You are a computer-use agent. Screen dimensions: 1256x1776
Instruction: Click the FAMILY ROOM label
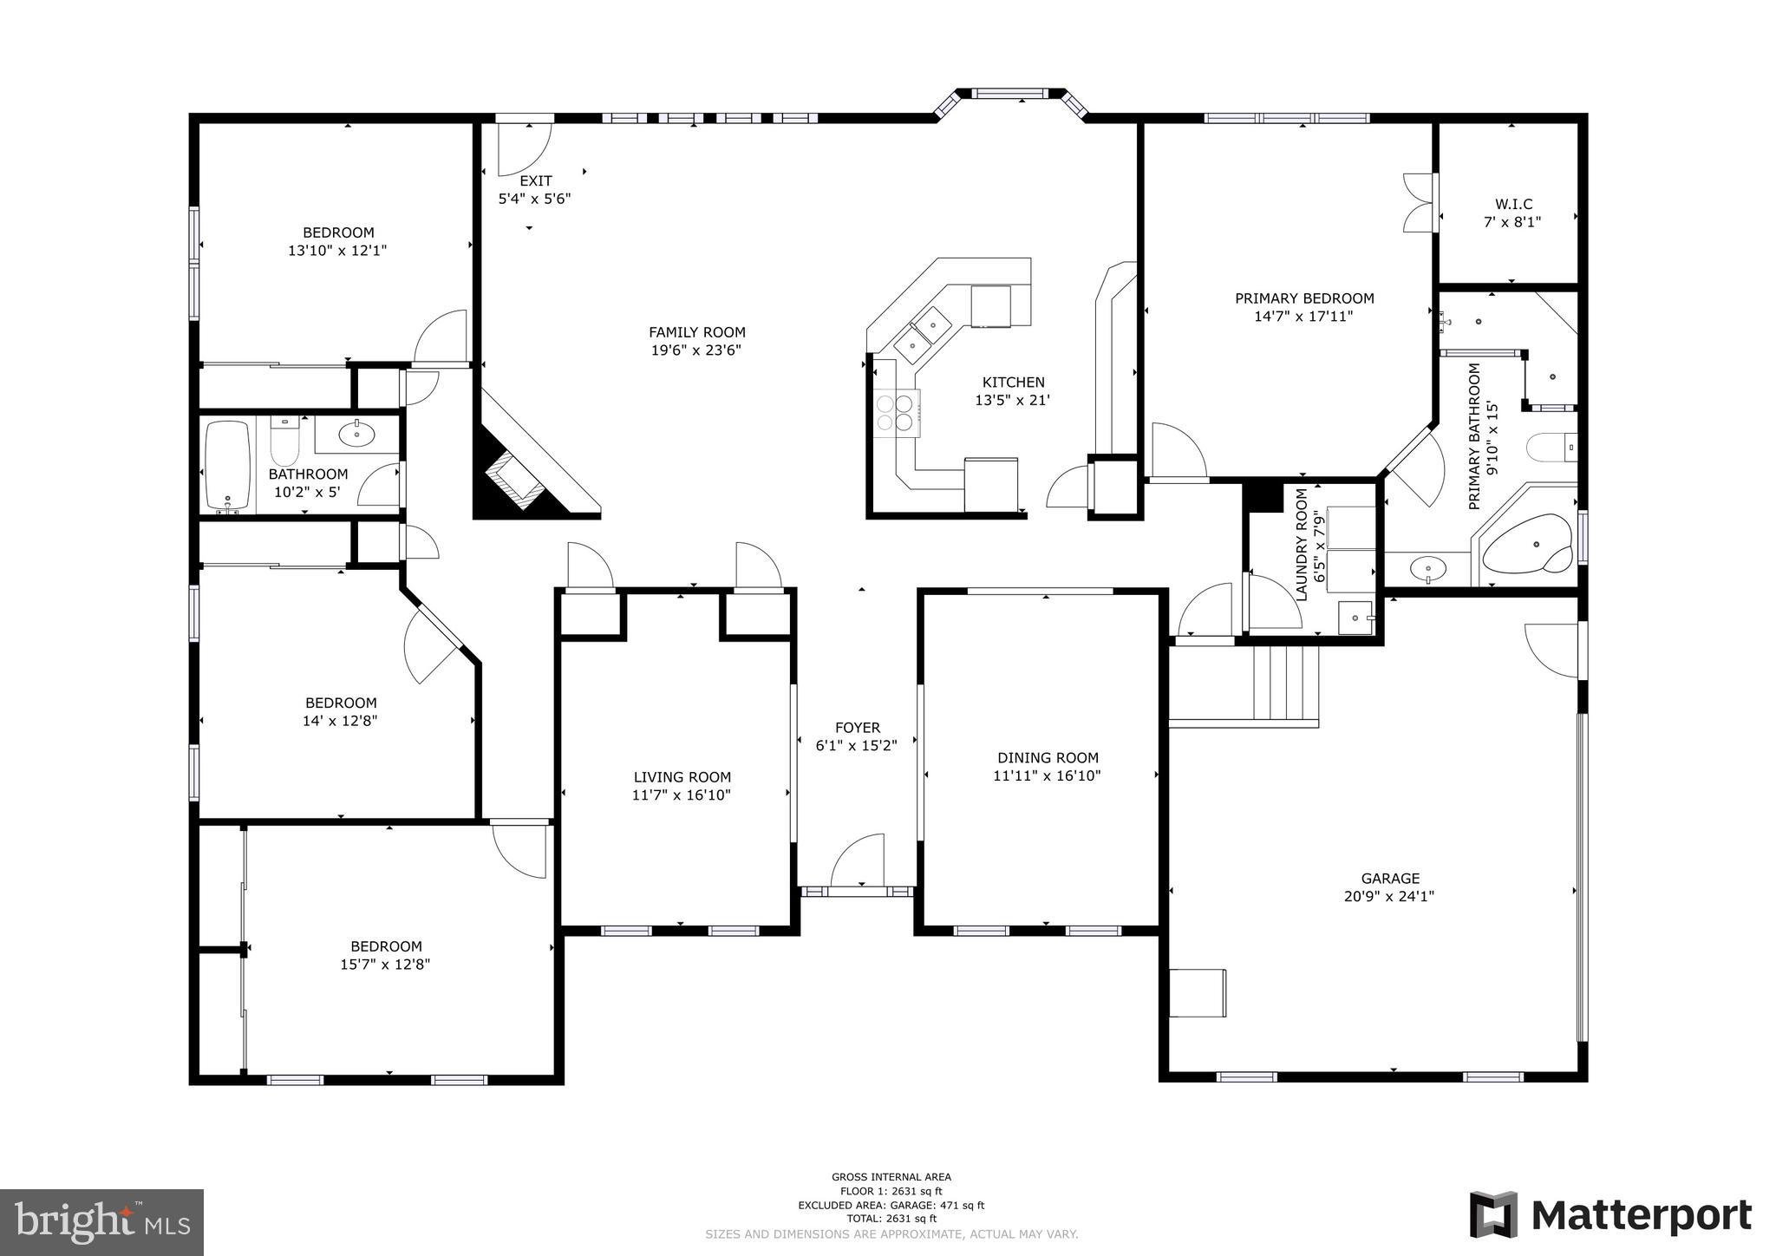click(696, 332)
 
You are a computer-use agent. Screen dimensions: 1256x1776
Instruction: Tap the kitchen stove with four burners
click(896, 413)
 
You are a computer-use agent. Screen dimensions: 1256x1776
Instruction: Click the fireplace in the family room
click(513, 481)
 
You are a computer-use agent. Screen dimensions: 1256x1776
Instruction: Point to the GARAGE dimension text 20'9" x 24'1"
click(1389, 897)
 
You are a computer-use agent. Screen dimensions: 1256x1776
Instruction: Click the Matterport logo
click(1610, 1215)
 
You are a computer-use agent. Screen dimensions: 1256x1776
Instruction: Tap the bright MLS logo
click(101, 1222)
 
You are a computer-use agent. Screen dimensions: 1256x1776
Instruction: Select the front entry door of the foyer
click(857, 863)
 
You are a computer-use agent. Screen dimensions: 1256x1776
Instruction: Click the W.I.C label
click(1513, 205)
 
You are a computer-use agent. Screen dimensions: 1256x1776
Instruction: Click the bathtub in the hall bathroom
click(228, 466)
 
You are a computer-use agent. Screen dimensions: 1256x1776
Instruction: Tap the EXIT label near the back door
click(535, 181)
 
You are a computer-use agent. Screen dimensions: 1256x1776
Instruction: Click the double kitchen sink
click(922, 335)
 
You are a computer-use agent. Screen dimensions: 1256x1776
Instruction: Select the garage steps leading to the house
click(1285, 683)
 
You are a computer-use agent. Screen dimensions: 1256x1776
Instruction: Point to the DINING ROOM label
click(1047, 758)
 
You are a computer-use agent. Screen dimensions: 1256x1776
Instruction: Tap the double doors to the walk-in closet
click(1419, 203)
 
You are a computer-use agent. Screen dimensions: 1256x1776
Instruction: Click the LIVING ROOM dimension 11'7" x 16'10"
click(682, 795)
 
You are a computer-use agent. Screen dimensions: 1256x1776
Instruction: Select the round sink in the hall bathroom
click(356, 434)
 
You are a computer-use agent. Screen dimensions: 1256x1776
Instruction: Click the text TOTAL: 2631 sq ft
click(891, 1219)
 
